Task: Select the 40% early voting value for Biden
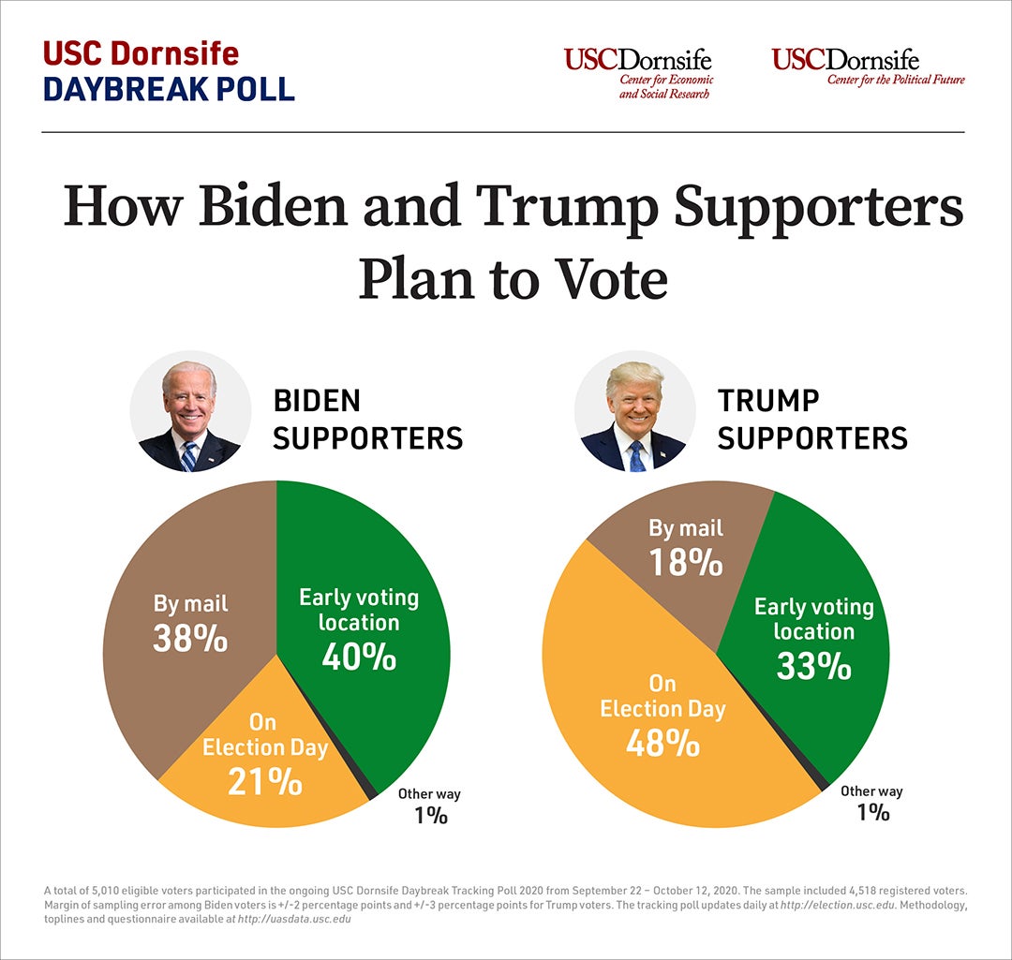point(359,657)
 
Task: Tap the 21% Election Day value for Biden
point(265,780)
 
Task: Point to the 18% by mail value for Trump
point(686,563)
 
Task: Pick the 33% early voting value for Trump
point(813,666)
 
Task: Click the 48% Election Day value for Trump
point(662,743)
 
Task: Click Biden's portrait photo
point(190,417)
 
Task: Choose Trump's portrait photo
point(634,417)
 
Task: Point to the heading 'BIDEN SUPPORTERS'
point(367,420)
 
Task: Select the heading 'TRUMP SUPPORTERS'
point(811,420)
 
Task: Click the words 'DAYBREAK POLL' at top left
point(169,87)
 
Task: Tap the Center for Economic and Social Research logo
point(638,74)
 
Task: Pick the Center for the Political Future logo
point(868,67)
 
